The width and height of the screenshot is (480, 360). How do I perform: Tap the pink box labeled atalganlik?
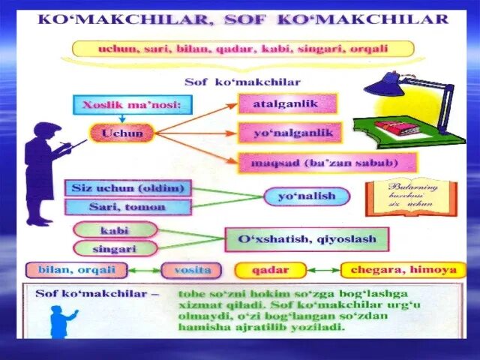tap(287, 103)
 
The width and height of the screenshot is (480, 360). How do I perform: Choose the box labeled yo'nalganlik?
tap(289, 133)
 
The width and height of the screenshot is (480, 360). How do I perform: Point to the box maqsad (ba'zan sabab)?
tap(328, 162)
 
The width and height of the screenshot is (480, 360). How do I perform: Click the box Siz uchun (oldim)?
tap(128, 187)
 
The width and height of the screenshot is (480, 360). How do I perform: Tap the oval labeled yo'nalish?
tap(307, 196)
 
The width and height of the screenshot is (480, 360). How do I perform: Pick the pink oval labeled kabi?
tap(115, 229)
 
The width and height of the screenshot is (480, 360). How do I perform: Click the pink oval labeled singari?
tap(115, 247)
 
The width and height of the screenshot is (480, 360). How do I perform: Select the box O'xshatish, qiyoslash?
tap(307, 239)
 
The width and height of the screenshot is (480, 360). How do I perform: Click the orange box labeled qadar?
tap(271, 270)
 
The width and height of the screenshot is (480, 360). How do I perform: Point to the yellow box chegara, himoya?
tap(403, 270)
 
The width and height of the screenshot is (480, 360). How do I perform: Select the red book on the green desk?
tap(396, 127)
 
